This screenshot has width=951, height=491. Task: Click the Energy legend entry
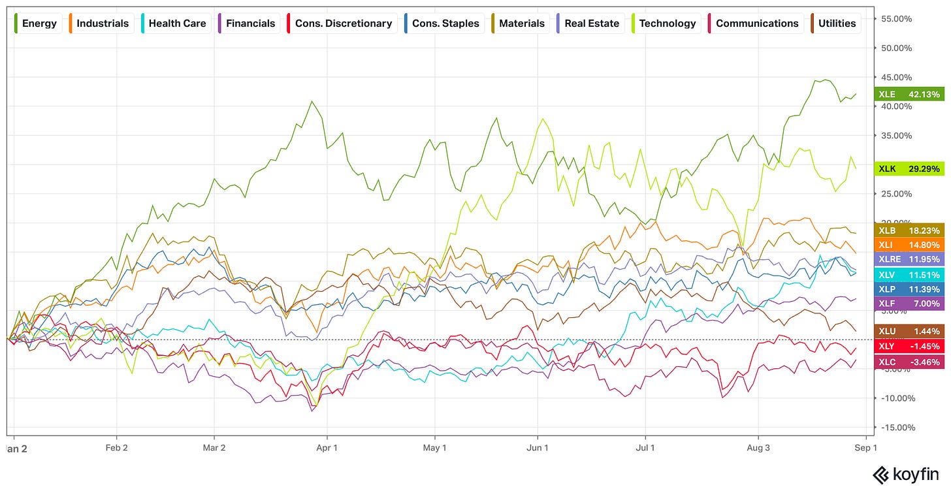coord(37,24)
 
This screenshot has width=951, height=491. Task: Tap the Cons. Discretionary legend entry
coord(341,24)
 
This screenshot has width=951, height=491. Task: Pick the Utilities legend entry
coord(835,24)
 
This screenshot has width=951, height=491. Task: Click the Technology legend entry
coord(666,24)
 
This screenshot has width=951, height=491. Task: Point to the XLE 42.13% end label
coord(909,94)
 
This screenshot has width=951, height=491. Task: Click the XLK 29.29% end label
coord(909,169)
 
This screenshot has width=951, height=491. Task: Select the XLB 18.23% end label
coord(909,230)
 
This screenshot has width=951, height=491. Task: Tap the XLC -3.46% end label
coord(909,362)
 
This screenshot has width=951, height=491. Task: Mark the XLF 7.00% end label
coord(909,304)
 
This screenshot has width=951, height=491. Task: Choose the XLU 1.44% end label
coord(909,331)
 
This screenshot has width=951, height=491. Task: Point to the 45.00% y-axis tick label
coord(896,77)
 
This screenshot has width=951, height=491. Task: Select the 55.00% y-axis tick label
coord(896,19)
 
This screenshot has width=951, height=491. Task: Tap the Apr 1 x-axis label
coord(327,448)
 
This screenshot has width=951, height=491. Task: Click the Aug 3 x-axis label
coord(758,448)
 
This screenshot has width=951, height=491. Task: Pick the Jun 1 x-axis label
coord(538,448)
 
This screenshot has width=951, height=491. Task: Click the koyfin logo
coord(905,475)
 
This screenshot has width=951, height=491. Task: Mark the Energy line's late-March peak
coord(312,101)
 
